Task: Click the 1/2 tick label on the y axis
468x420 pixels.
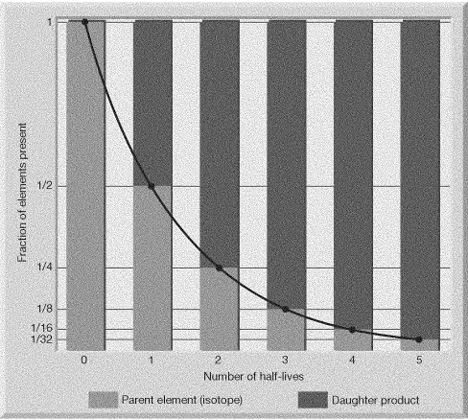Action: coord(45,185)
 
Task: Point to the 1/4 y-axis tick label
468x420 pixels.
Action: coord(45,267)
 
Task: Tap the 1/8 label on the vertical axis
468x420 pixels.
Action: coord(45,309)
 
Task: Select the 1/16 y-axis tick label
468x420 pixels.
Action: coord(42,328)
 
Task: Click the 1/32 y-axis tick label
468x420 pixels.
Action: coord(42,338)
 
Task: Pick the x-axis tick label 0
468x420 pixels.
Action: coord(84,360)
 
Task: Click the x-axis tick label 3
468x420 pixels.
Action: coord(285,360)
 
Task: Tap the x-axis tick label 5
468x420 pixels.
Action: coord(419,360)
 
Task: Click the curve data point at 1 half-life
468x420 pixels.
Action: coord(152,186)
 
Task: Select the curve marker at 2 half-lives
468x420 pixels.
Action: coord(220,268)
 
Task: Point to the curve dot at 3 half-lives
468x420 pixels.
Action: coord(286,309)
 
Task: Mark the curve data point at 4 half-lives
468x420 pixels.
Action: coord(353,330)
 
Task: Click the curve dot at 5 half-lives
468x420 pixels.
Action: coord(419,339)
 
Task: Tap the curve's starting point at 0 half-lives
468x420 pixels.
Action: coord(84,22)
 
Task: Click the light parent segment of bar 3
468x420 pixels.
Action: coord(287,330)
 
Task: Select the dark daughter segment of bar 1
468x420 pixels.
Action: coord(152,103)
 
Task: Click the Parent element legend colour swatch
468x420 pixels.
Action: coord(104,400)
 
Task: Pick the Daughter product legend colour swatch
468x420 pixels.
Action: coord(313,400)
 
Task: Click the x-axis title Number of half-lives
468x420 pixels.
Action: coord(253,376)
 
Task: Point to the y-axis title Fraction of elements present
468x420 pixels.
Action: coord(22,193)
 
